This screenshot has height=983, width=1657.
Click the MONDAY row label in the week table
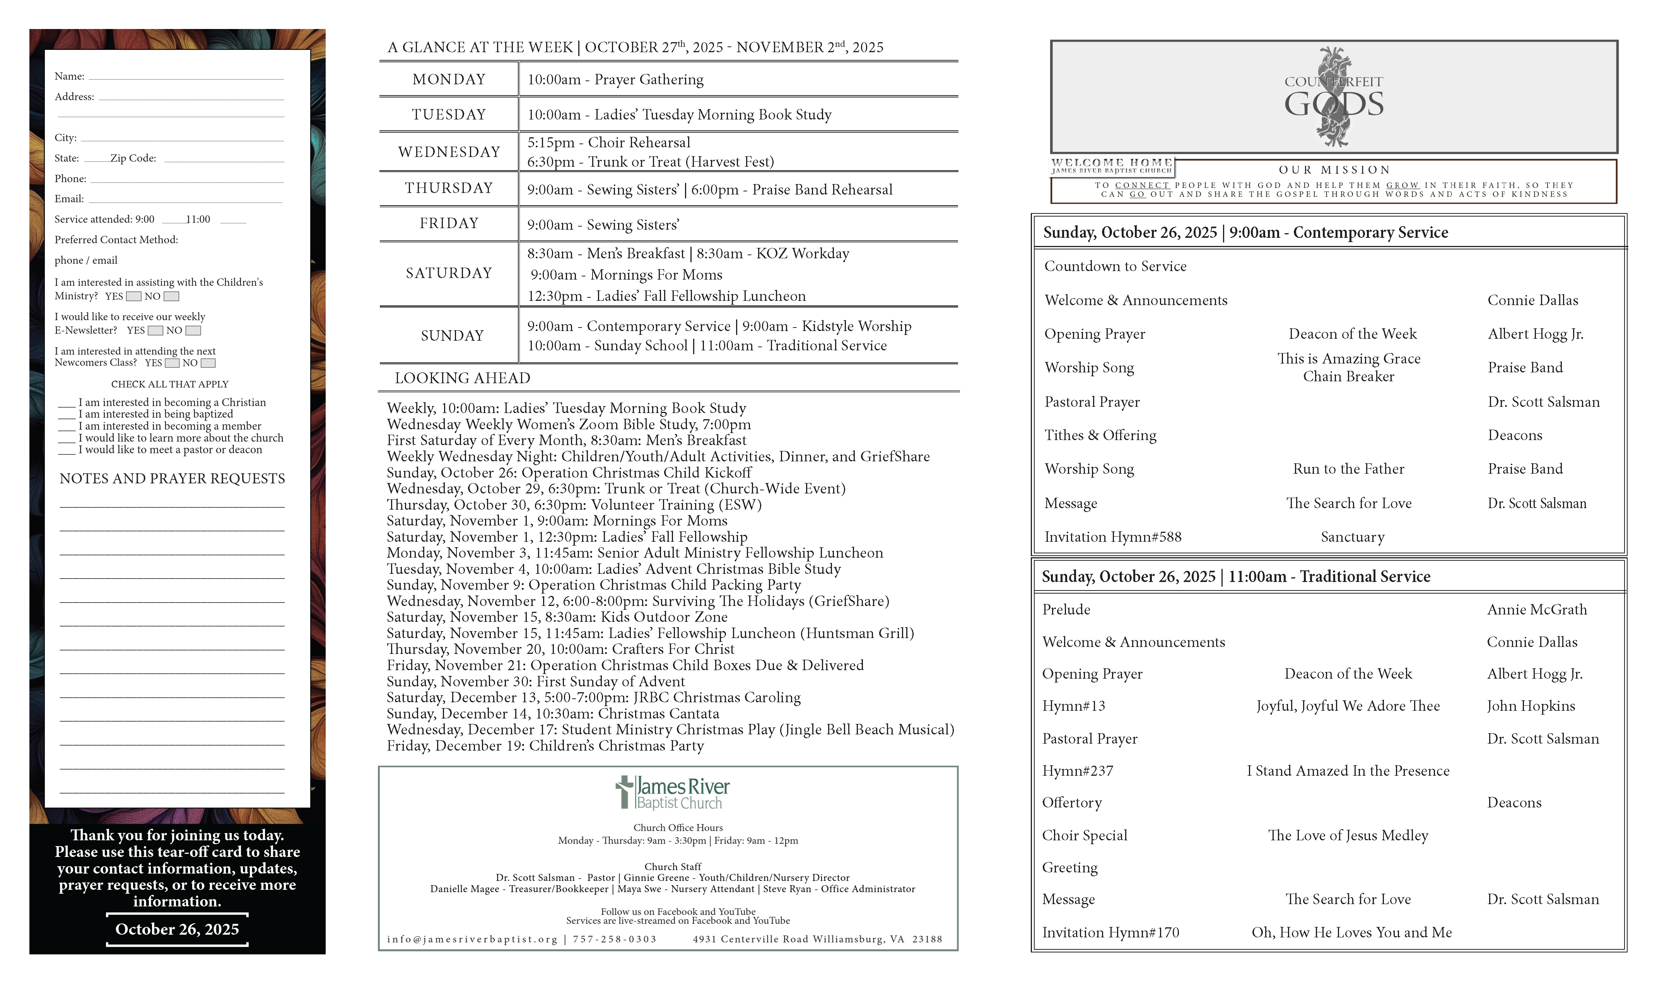[449, 80]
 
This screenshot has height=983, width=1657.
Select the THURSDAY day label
[449, 188]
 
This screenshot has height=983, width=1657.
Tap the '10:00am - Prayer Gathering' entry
[615, 80]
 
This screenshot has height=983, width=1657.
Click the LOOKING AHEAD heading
[463, 378]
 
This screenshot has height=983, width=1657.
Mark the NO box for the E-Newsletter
[193, 331]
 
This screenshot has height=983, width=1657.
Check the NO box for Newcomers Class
[208, 363]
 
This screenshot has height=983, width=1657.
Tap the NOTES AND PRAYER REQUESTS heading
[172, 479]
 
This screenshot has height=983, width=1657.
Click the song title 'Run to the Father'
[1348, 469]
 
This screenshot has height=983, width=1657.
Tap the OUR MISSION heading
[1334, 170]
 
